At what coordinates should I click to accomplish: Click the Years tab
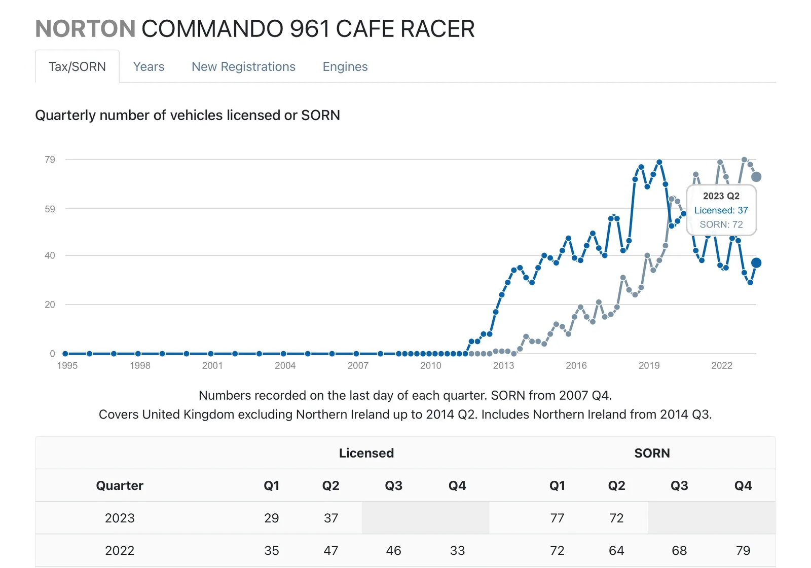point(149,67)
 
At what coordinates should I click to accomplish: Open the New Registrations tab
point(243,67)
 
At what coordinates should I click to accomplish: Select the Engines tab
point(345,67)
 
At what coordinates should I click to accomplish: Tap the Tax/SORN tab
point(77,67)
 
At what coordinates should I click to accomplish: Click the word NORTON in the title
point(85,29)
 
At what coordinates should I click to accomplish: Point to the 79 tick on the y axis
point(50,160)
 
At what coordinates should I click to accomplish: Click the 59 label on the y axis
point(50,209)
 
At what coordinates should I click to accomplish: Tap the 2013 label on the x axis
point(503,365)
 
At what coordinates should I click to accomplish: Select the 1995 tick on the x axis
point(67,365)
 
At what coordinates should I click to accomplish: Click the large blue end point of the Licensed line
point(756,262)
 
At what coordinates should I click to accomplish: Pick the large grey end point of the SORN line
point(756,177)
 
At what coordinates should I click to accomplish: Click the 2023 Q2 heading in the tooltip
point(721,196)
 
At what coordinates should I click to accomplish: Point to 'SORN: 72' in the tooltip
point(721,224)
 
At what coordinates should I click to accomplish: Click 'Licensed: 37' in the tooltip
point(721,210)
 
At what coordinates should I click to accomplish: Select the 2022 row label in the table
point(120,550)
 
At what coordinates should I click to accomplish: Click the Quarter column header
point(120,485)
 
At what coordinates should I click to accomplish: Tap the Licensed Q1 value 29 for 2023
point(271,518)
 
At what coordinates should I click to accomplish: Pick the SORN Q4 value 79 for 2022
point(743,550)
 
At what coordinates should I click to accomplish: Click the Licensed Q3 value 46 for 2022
point(393,550)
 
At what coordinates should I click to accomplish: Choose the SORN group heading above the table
point(652,453)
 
